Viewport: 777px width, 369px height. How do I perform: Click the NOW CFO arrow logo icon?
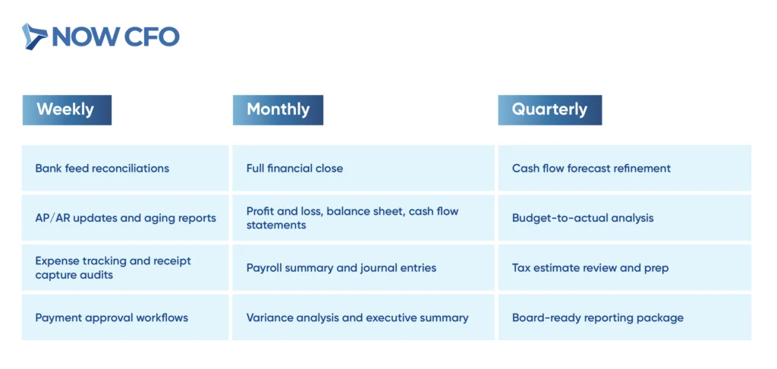(x=35, y=36)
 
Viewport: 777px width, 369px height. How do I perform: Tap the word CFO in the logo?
(x=152, y=36)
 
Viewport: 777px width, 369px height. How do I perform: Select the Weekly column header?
(x=67, y=109)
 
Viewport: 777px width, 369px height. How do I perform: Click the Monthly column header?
(x=278, y=109)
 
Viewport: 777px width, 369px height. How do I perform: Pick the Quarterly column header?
(x=550, y=109)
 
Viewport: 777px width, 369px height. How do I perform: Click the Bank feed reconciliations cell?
(x=125, y=168)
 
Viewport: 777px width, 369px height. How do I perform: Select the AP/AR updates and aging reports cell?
(x=125, y=218)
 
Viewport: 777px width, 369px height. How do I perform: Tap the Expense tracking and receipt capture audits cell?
(x=125, y=267)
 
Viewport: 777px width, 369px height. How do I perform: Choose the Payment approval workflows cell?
(x=125, y=317)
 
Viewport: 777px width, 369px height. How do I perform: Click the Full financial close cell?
(x=363, y=168)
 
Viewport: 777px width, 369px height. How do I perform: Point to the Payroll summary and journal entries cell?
(x=363, y=267)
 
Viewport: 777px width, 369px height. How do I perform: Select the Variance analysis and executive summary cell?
(x=363, y=317)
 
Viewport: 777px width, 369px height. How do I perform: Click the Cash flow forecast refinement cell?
(x=624, y=168)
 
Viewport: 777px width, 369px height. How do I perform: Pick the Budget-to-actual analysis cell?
(x=624, y=218)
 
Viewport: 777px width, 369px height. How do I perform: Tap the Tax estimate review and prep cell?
(x=624, y=267)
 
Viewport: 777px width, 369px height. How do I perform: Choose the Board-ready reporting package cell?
(x=624, y=317)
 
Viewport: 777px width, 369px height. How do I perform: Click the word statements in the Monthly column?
(x=276, y=225)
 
